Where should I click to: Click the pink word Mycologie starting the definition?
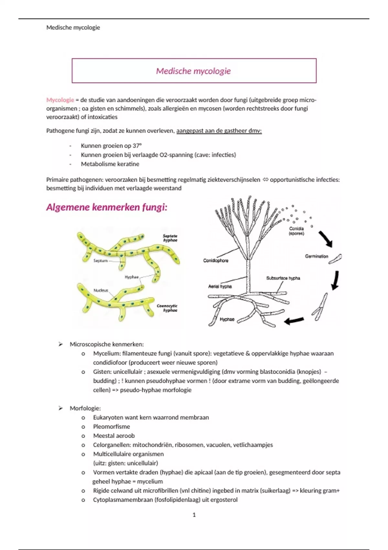pos(60,100)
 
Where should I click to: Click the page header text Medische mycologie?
pos(73,27)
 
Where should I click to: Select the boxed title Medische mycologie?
pos(193,71)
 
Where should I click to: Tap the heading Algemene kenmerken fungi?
pos(107,207)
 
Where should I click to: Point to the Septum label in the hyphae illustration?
pos(100,260)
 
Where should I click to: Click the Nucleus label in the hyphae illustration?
pos(101,290)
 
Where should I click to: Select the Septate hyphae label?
pos(170,238)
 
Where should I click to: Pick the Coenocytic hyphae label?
pos(167,308)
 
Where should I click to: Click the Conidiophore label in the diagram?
pos(216,260)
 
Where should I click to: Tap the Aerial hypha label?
pos(220,286)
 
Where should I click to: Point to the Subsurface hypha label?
pos(283,278)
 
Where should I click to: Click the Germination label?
pos(317,256)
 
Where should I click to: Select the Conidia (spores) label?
pos(296,231)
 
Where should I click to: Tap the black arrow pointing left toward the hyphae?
pos(294,321)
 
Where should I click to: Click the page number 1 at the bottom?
pos(194,515)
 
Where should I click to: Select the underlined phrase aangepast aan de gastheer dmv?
pos(219,131)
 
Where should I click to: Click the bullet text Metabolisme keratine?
pos(110,164)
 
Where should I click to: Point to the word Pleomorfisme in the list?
pos(112,426)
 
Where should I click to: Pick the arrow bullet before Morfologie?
pos(60,408)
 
